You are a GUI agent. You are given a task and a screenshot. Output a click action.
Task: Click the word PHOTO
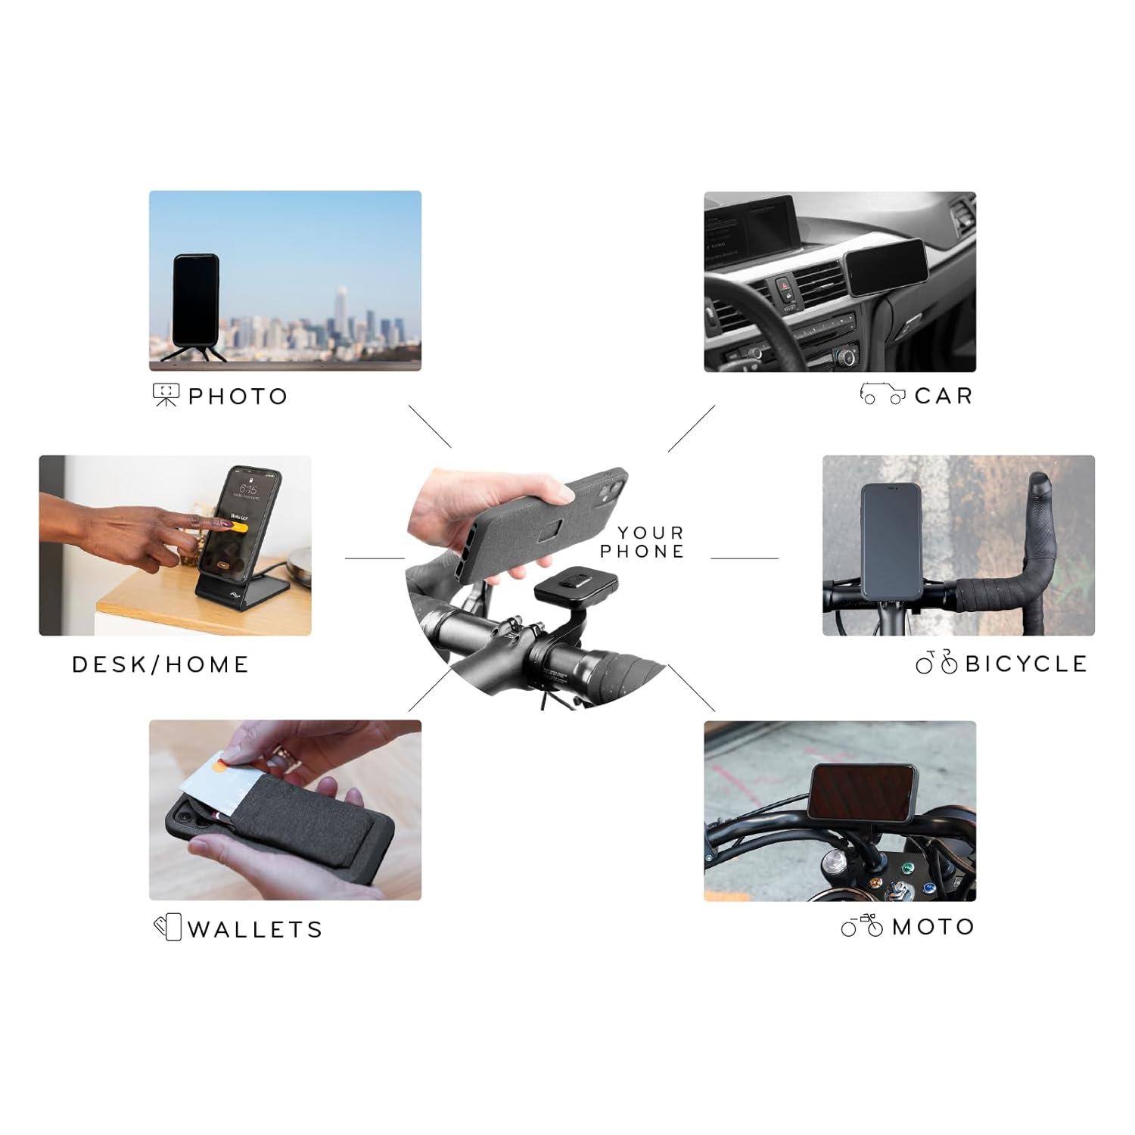pyautogui.click(x=238, y=396)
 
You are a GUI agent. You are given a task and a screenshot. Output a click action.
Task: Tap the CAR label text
pyautogui.click(x=943, y=396)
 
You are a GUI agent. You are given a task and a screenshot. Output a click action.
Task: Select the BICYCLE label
pyautogui.click(x=1026, y=664)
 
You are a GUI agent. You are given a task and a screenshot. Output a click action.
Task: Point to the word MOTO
pyautogui.click(x=934, y=927)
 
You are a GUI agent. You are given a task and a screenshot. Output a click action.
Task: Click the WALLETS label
pyautogui.click(x=255, y=929)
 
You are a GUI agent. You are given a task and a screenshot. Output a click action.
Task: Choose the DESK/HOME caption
pyautogui.click(x=160, y=664)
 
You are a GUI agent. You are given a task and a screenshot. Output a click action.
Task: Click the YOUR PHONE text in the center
pyautogui.click(x=642, y=543)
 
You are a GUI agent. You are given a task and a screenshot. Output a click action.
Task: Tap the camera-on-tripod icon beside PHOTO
pyautogui.click(x=166, y=396)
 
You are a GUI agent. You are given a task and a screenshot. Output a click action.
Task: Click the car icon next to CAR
pyautogui.click(x=882, y=395)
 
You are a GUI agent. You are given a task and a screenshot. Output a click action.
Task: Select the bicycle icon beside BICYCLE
pyautogui.click(x=937, y=663)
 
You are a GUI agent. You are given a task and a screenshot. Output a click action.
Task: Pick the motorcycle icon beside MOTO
pyautogui.click(x=863, y=925)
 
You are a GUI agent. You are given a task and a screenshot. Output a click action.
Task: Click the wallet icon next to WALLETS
pyautogui.click(x=168, y=928)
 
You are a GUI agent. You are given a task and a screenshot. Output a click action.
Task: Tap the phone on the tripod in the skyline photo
pyautogui.click(x=196, y=299)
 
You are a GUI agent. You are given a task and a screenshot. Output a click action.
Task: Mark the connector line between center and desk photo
pyautogui.click(x=375, y=558)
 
